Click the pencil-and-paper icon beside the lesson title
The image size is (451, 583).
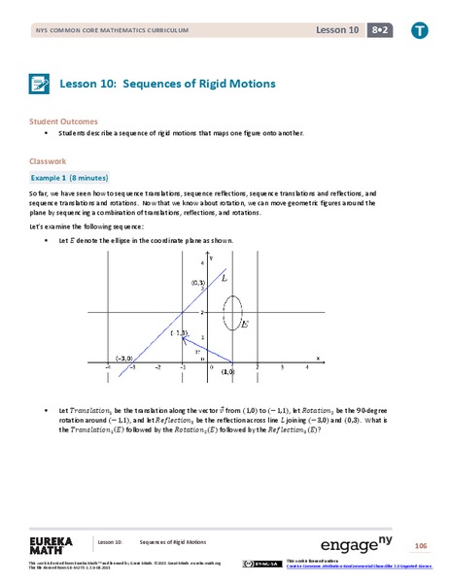39,84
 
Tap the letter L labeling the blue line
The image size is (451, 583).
225,278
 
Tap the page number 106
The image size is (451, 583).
421,545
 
